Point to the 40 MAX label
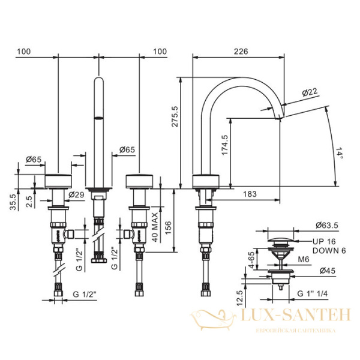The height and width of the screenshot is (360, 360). coord(154,224)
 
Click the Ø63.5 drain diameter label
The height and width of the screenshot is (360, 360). coord(327,226)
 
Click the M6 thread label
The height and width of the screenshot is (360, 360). coord(303,260)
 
